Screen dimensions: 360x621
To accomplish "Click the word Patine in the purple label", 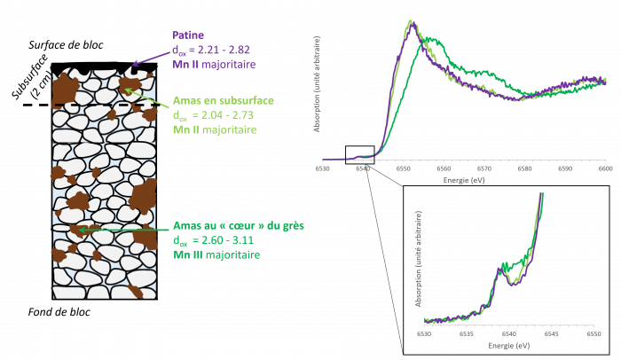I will (x=188, y=36).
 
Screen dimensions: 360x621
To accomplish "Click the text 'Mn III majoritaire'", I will (x=216, y=254).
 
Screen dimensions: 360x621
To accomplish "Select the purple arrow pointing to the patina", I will (x=151, y=56).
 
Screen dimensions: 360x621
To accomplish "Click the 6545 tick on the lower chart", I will (x=551, y=334).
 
